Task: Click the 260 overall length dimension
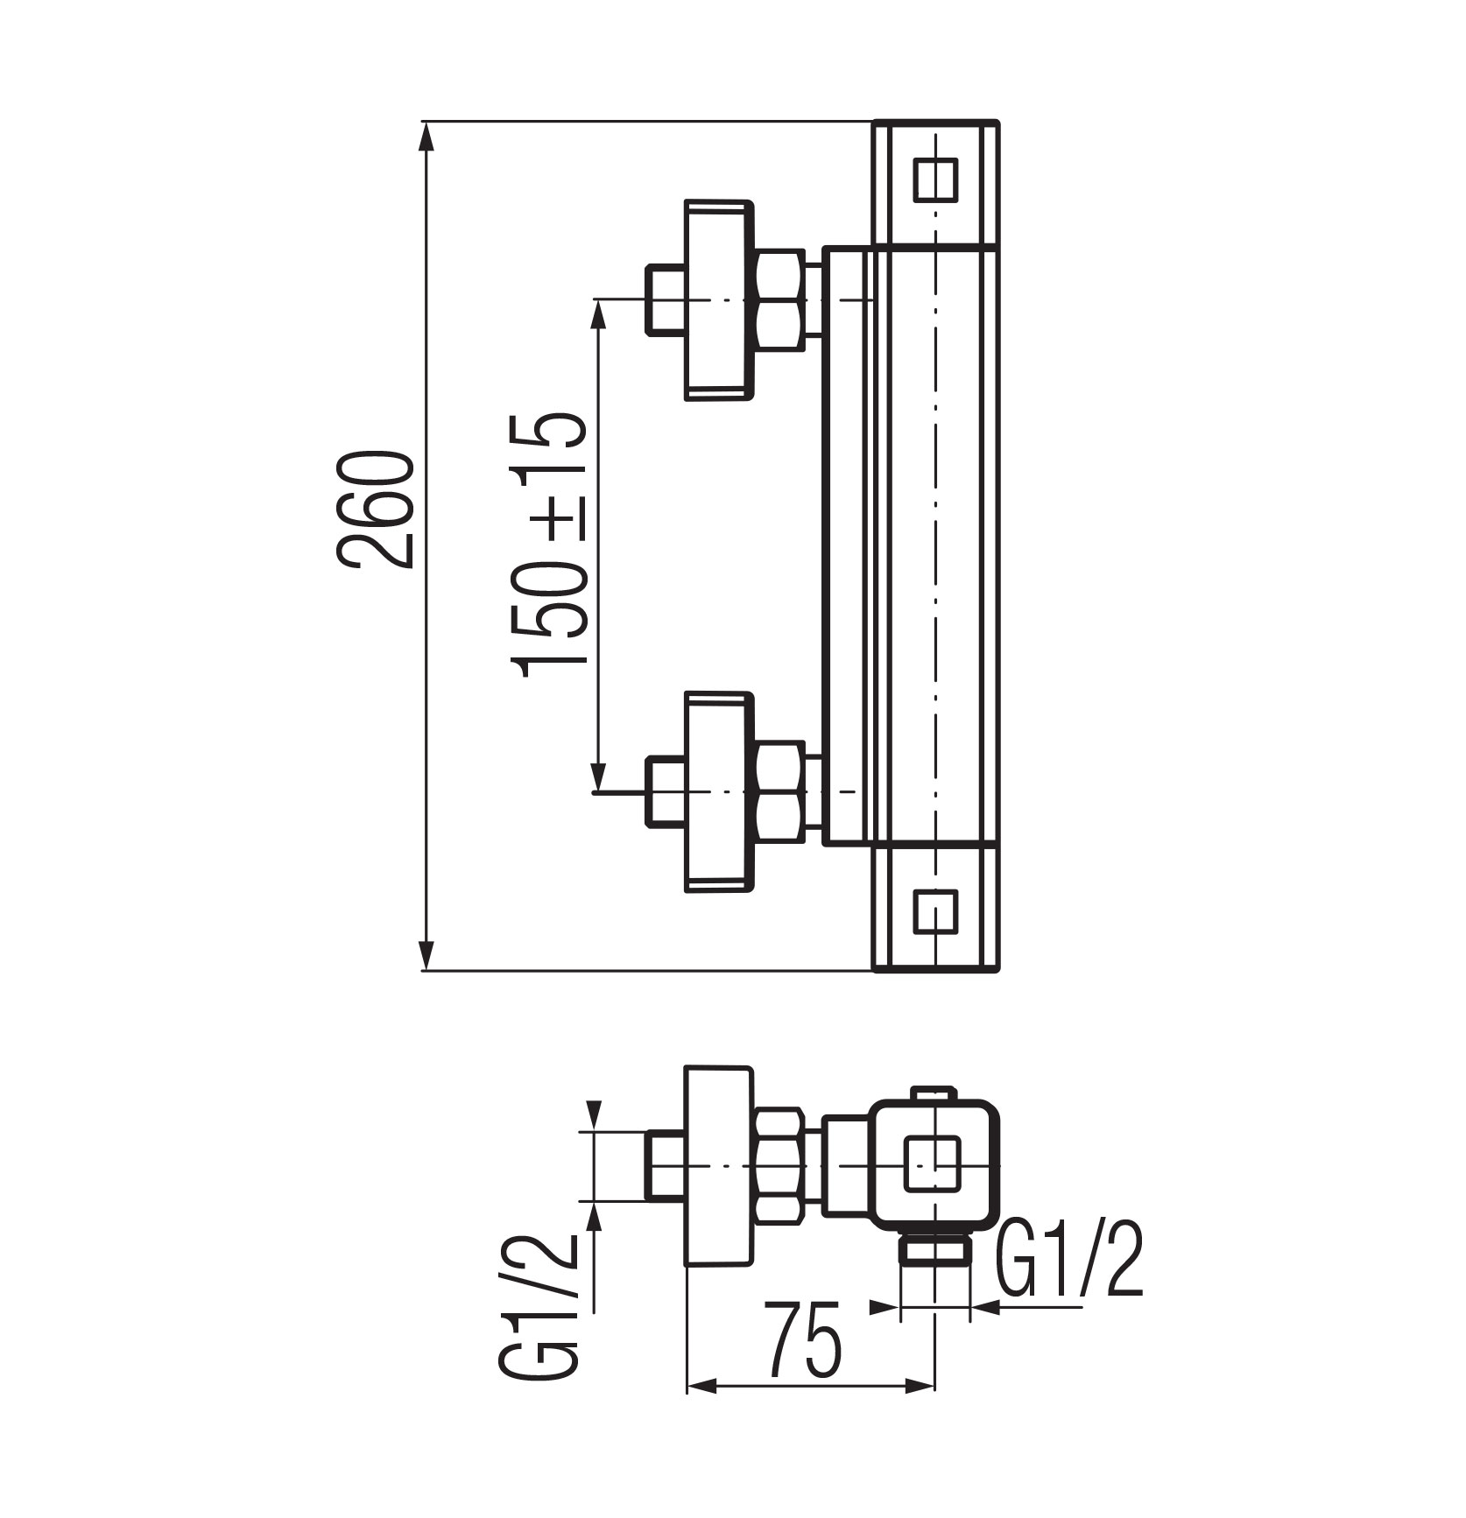coord(374,510)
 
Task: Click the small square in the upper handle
coord(935,179)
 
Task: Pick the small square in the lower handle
coord(935,914)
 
